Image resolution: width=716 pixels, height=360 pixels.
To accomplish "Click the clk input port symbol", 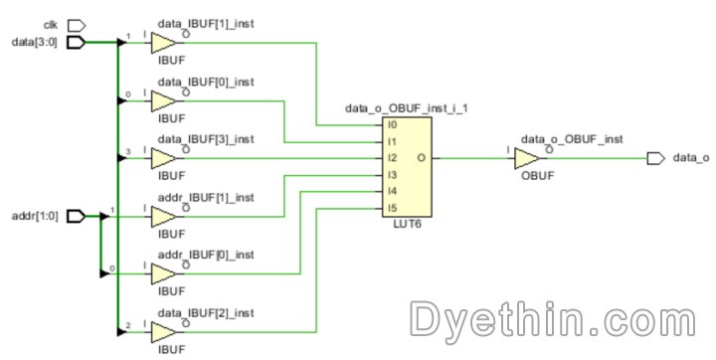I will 77,24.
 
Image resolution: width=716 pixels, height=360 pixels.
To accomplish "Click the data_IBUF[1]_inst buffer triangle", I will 163,42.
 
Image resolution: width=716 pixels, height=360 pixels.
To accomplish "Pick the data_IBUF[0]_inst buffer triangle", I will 163,99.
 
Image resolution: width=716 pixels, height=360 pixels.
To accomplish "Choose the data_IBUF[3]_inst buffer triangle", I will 163,157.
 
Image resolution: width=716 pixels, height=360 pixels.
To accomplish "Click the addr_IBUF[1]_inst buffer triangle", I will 163,215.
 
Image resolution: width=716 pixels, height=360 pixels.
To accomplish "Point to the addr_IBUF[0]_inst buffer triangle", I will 163,272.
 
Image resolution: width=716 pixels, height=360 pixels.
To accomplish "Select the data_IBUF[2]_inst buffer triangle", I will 163,330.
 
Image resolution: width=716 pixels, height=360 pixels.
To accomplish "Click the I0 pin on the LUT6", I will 393,125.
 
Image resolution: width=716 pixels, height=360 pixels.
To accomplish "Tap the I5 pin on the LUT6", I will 393,207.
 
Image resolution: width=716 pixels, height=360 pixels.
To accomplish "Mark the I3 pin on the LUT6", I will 393,174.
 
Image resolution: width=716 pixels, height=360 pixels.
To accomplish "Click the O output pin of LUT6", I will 423,157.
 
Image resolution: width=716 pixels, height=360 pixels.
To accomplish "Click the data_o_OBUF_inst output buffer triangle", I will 528,157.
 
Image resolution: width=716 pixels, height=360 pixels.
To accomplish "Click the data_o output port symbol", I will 654,157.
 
